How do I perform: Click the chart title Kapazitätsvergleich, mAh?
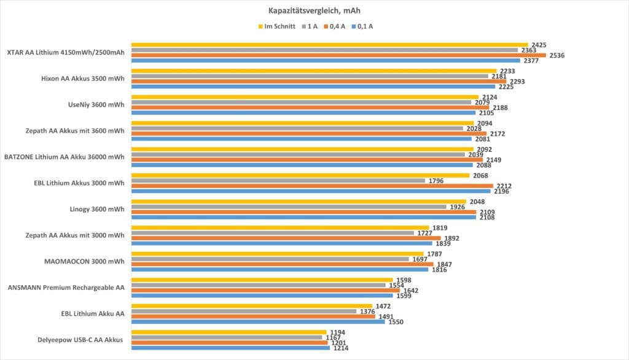pyautogui.click(x=314, y=10)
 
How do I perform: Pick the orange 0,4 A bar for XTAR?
pyautogui.click(x=338, y=55)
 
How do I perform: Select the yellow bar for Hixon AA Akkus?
pyautogui.click(x=313, y=71)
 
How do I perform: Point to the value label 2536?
pyautogui.click(x=557, y=55)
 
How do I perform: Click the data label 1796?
pyautogui.click(x=436, y=181)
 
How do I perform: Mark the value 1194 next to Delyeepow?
pyautogui.click(x=337, y=332)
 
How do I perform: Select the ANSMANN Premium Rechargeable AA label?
pyautogui.click(x=66, y=288)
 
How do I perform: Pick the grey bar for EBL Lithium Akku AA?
pyautogui.click(x=244, y=311)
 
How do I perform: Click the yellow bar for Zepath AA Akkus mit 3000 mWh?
pyautogui.click(x=280, y=228)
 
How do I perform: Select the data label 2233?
pyautogui.click(x=507, y=71)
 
